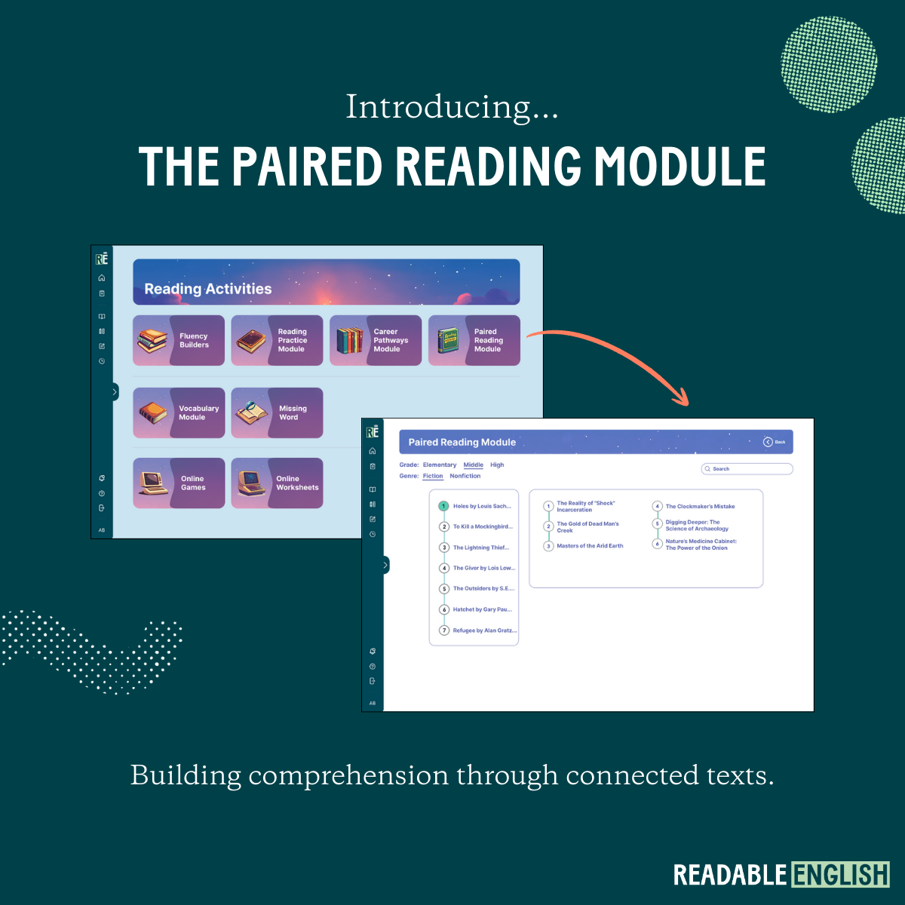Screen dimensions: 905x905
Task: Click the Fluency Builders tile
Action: (179, 341)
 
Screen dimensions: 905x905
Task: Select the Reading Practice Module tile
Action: (277, 341)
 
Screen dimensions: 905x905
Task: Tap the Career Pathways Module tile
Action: (376, 341)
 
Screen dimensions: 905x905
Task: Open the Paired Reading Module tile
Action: (474, 341)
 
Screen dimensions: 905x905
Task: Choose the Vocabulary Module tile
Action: (179, 413)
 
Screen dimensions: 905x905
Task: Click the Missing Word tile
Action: (277, 413)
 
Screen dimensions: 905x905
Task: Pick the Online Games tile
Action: (179, 483)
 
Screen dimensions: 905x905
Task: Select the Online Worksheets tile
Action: (277, 483)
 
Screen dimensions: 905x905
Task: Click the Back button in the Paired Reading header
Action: (775, 442)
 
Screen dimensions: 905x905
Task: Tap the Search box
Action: (747, 469)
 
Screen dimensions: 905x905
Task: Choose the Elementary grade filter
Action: (440, 465)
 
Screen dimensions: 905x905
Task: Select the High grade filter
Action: (497, 465)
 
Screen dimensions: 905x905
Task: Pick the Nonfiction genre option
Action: (465, 476)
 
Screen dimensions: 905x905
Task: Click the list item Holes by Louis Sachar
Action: (481, 506)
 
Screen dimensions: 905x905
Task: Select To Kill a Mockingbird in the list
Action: (482, 526)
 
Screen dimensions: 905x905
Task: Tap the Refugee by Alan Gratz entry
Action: (484, 630)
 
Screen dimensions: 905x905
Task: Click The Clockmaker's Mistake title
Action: (700, 507)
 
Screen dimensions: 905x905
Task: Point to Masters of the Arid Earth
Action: (590, 546)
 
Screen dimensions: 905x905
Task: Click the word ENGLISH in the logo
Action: (840, 875)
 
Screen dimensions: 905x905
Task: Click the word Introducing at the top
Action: (452, 107)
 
